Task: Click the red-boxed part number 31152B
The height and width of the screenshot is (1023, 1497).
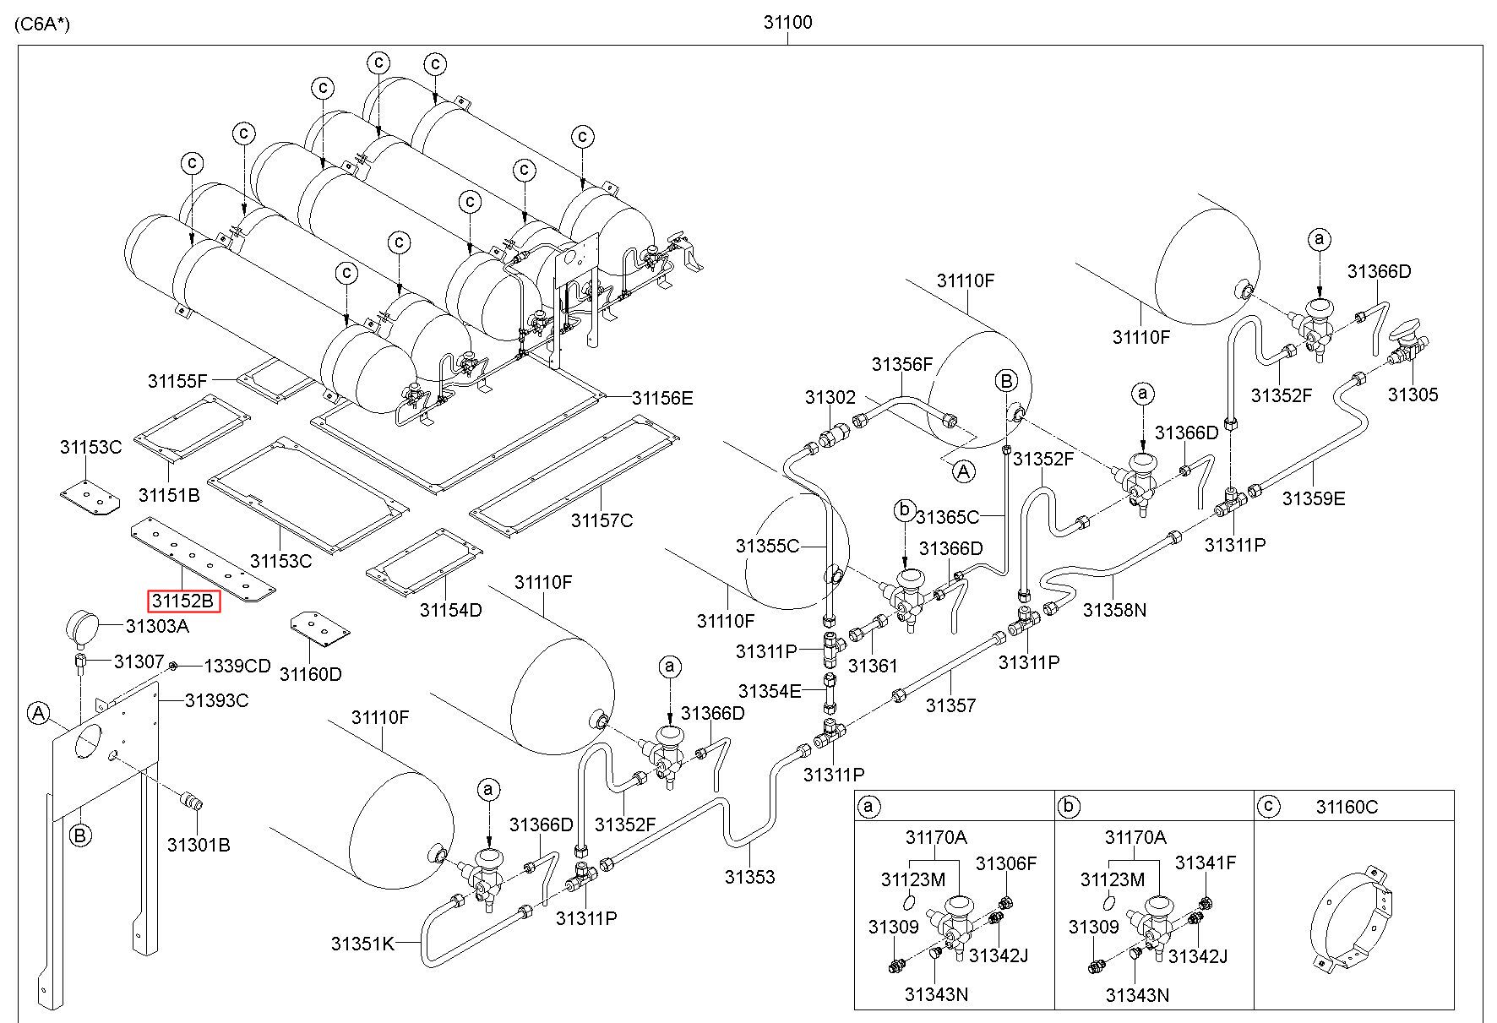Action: pyautogui.click(x=183, y=601)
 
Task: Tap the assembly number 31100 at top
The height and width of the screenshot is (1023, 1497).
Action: pyautogui.click(x=787, y=22)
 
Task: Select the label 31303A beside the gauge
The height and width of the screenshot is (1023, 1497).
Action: pyautogui.click(x=157, y=626)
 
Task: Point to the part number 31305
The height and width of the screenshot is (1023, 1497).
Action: pyautogui.click(x=1413, y=395)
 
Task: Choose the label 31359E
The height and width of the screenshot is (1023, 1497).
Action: pyautogui.click(x=1313, y=498)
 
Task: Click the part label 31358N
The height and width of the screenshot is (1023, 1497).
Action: pyautogui.click(x=1114, y=609)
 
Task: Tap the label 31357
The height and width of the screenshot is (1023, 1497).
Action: pyautogui.click(x=950, y=705)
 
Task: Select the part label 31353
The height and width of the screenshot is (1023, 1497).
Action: pyautogui.click(x=749, y=877)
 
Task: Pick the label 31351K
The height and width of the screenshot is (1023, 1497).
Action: pyautogui.click(x=362, y=944)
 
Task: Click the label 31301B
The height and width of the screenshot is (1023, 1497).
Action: pyautogui.click(x=199, y=845)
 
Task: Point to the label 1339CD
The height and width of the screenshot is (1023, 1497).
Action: pyautogui.click(x=237, y=667)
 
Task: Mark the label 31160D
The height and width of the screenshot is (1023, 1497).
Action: pyautogui.click(x=311, y=674)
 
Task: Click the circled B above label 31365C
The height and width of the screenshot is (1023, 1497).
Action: pyautogui.click(x=1006, y=381)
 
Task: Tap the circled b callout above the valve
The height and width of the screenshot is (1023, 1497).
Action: pyautogui.click(x=904, y=510)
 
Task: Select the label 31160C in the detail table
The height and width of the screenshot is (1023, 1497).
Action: pyautogui.click(x=1347, y=807)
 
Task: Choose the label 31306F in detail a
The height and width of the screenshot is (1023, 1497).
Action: pyautogui.click(x=1005, y=863)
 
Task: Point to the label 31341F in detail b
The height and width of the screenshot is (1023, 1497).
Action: pyautogui.click(x=1206, y=863)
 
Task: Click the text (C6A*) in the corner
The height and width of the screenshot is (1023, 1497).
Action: pyautogui.click(x=42, y=24)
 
